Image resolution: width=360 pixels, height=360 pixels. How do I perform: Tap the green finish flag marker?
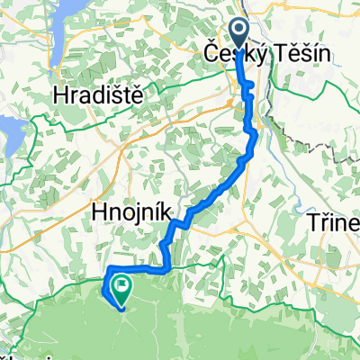(120, 288)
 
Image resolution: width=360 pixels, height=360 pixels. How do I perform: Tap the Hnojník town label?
(129, 211)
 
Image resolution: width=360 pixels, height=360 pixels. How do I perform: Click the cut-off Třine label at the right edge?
(334, 222)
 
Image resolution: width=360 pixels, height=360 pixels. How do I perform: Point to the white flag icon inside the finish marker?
(120, 286)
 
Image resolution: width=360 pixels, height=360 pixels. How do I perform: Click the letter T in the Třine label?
(314, 222)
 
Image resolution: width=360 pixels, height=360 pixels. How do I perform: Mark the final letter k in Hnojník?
(159, 211)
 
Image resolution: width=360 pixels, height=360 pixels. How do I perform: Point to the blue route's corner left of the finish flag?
(109, 271)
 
